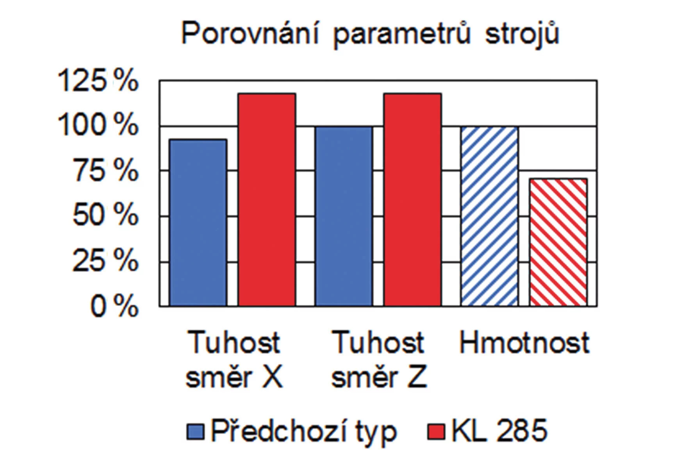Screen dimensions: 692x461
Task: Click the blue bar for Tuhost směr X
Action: pos(198,222)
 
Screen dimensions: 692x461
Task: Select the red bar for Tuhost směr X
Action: pos(267,199)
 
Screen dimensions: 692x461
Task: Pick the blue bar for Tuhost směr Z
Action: pos(344,216)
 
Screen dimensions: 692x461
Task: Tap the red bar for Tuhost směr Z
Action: pos(412,199)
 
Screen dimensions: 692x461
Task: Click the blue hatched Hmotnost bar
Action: pos(490,216)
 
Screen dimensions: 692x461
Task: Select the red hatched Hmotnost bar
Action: pos(558,242)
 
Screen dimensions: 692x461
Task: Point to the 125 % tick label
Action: pos(98,81)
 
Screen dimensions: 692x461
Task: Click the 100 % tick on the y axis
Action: pos(98,125)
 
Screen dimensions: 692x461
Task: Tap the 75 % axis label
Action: pos(105,171)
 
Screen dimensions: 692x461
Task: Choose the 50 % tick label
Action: pos(105,215)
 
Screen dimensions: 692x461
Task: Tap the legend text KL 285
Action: pos(499,431)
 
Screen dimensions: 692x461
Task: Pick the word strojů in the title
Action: pos(523,34)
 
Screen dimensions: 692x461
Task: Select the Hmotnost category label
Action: pos(524,343)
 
